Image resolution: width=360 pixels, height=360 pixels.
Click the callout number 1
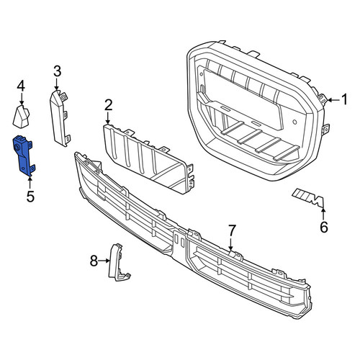[x=344, y=99]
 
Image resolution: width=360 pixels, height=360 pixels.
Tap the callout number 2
[x=108, y=105]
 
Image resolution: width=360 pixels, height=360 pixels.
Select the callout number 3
[x=57, y=71]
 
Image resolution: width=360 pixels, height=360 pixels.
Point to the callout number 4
[x=21, y=86]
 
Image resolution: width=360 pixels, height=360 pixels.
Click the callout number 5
[x=30, y=197]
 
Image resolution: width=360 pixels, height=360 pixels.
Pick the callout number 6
[x=324, y=227]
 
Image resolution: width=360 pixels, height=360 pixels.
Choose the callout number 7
[x=232, y=230]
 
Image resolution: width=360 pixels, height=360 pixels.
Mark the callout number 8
[x=94, y=261]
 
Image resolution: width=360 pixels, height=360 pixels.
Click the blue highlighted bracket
[x=23, y=156]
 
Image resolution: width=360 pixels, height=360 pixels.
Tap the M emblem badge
[x=309, y=197]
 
